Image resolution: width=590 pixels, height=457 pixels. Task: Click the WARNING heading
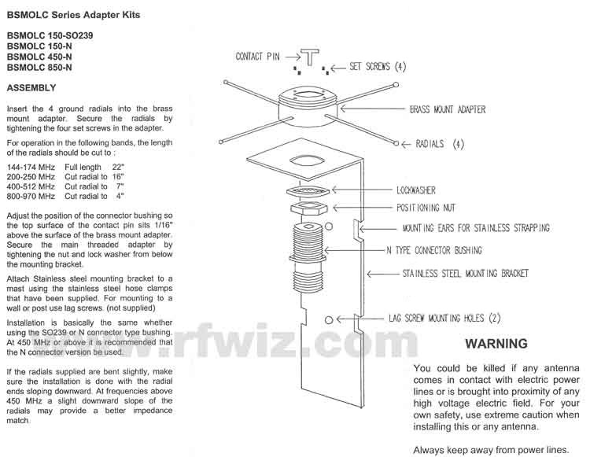tap(496, 344)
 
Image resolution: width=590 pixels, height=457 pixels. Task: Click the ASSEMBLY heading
tap(30, 88)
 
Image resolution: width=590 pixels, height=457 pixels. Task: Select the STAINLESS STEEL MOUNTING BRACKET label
tap(466, 275)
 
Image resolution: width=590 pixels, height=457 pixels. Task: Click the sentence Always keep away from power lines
tap(490, 450)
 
